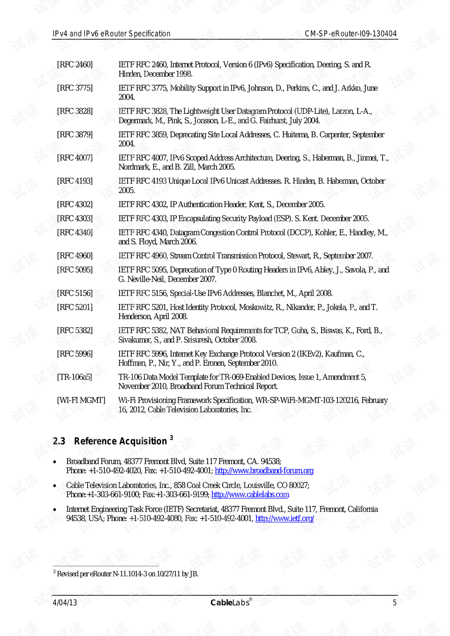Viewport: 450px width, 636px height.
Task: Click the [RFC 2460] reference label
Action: pyautogui.click(x=75, y=65)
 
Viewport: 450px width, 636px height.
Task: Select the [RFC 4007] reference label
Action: pyautogui.click(x=75, y=158)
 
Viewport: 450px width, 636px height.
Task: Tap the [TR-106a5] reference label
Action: pyautogui.click(x=75, y=377)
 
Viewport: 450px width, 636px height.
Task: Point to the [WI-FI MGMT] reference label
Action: pyautogui.click(x=81, y=400)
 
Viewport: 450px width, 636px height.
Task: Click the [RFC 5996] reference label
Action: pyautogui.click(x=75, y=354)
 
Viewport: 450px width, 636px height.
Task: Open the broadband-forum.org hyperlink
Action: pyautogui.click(x=264, y=471)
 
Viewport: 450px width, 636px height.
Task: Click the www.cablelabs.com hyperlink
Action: pyautogui.click(x=250, y=494)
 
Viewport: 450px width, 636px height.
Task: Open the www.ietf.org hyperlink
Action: pyautogui.click(x=284, y=518)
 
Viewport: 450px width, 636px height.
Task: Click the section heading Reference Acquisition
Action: pyautogui.click(x=120, y=441)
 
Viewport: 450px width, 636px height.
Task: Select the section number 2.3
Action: pyautogui.click(x=59, y=441)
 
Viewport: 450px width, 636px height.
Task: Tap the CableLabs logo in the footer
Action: pyautogui.click(x=231, y=602)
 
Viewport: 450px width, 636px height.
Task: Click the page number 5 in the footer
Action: pyautogui.click(x=394, y=603)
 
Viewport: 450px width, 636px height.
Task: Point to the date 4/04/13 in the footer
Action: pyautogui.click(x=65, y=603)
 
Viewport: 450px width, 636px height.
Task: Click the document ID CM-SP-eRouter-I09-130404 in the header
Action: pyautogui.click(x=350, y=34)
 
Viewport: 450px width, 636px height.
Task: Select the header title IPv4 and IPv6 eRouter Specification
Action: pyautogui.click(x=112, y=34)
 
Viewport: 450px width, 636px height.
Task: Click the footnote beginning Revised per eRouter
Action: pyautogui.click(x=127, y=574)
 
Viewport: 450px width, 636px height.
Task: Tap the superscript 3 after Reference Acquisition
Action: pyautogui.click(x=171, y=437)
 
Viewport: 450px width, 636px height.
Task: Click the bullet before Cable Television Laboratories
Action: pyautogui.click(x=55, y=486)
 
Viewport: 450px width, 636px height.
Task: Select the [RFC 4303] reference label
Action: pyautogui.click(x=75, y=218)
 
